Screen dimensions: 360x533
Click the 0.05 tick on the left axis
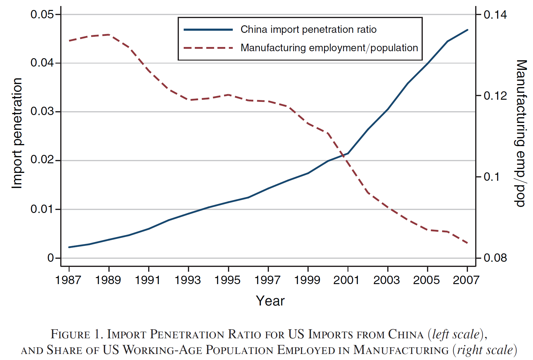(x=42, y=14)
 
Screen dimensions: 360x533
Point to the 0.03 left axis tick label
(x=42, y=111)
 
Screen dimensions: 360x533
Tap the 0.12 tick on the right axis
(x=495, y=96)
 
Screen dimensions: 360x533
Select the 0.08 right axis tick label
(x=495, y=258)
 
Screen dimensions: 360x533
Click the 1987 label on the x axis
(x=68, y=280)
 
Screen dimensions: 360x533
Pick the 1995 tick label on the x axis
(x=228, y=280)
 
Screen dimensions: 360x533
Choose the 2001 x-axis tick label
(x=347, y=280)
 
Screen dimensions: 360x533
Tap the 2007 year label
(x=466, y=280)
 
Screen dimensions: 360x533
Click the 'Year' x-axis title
(x=270, y=301)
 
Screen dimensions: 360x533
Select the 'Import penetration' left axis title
(x=17, y=133)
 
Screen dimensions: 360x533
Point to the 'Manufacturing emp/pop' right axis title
(x=521, y=133)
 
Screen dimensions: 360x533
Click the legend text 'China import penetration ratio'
(x=308, y=30)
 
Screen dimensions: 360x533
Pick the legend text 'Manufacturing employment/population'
(x=329, y=48)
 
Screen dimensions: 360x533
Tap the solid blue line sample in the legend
(x=208, y=30)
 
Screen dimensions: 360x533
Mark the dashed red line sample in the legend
(x=208, y=48)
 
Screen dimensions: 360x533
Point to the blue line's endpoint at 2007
(x=467, y=30)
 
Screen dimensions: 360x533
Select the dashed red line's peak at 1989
(x=109, y=35)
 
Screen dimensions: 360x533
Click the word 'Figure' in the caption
(x=70, y=334)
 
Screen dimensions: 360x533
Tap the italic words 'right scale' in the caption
(x=485, y=350)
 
